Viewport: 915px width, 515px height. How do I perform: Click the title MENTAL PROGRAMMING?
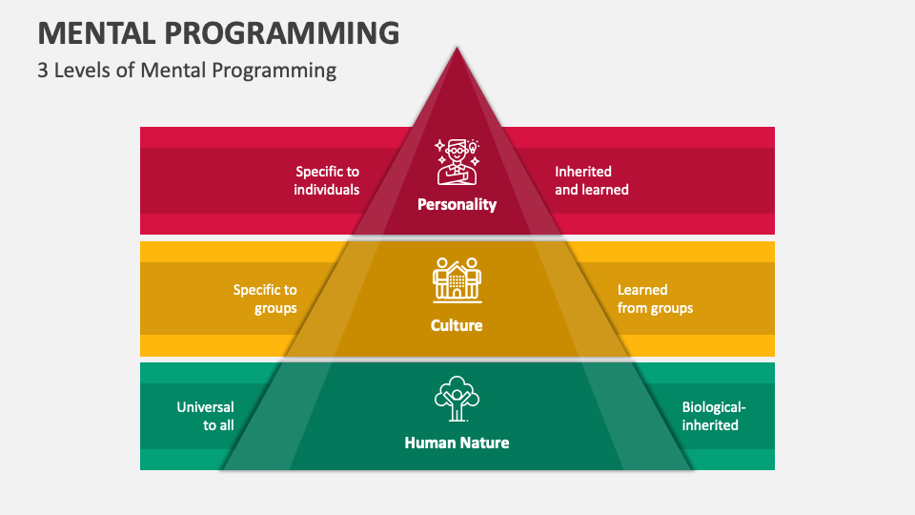tap(218, 32)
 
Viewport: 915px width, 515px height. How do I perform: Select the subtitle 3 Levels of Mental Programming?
tap(187, 71)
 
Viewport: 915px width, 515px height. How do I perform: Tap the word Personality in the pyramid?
tap(457, 204)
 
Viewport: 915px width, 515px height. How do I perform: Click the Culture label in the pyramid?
tap(457, 325)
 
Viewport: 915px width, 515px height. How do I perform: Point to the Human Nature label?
tap(457, 443)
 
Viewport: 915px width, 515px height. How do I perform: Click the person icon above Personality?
tap(457, 162)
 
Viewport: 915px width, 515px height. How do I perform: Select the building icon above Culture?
tap(457, 280)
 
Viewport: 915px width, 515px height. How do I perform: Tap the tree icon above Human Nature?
tap(457, 399)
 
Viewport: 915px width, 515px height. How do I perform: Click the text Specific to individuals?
tap(327, 180)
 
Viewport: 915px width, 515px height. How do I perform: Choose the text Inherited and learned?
tap(592, 180)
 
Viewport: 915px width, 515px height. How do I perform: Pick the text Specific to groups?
tap(265, 299)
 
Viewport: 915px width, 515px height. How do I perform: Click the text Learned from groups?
tap(656, 299)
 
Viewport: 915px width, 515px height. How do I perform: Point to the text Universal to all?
tap(206, 416)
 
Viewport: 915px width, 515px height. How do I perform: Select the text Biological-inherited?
tap(714, 416)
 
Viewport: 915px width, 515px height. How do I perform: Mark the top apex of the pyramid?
tap(457, 48)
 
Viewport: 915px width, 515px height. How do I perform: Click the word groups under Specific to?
tap(275, 308)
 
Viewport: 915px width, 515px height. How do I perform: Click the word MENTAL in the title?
tap(96, 32)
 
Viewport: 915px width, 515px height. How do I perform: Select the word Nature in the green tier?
tap(483, 443)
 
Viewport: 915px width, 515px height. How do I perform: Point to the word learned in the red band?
tap(605, 190)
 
